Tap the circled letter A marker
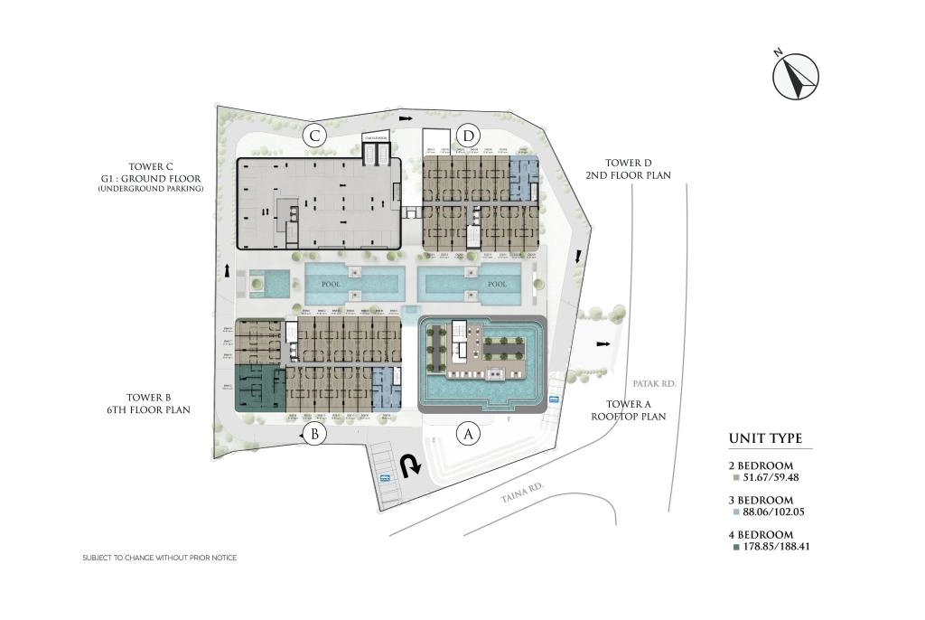(468, 434)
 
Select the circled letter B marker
(314, 435)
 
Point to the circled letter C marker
(314, 136)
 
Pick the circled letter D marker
(468, 136)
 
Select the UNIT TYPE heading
(765, 439)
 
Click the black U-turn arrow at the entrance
(412, 465)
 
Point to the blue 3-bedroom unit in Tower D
(522, 179)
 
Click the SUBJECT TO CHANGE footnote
(159, 558)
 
